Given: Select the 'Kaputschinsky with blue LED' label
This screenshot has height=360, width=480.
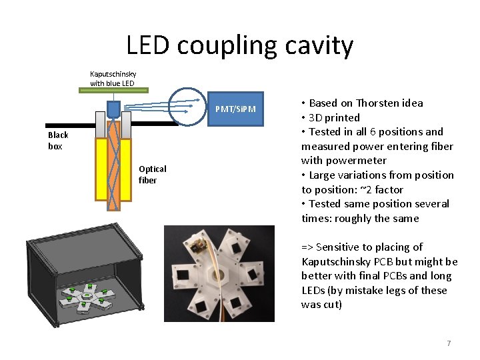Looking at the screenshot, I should point(112,78).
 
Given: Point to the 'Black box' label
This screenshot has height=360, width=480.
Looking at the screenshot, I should point(58,141).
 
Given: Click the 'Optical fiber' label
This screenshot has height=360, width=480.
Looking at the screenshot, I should point(152,174).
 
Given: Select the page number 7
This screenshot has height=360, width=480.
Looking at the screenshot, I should point(449,343).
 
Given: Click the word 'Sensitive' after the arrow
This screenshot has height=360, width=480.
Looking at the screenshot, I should point(338,247).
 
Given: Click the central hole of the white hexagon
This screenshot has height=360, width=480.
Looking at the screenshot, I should point(217,274).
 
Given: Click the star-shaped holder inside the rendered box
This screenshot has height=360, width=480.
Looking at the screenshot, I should point(87,298).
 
